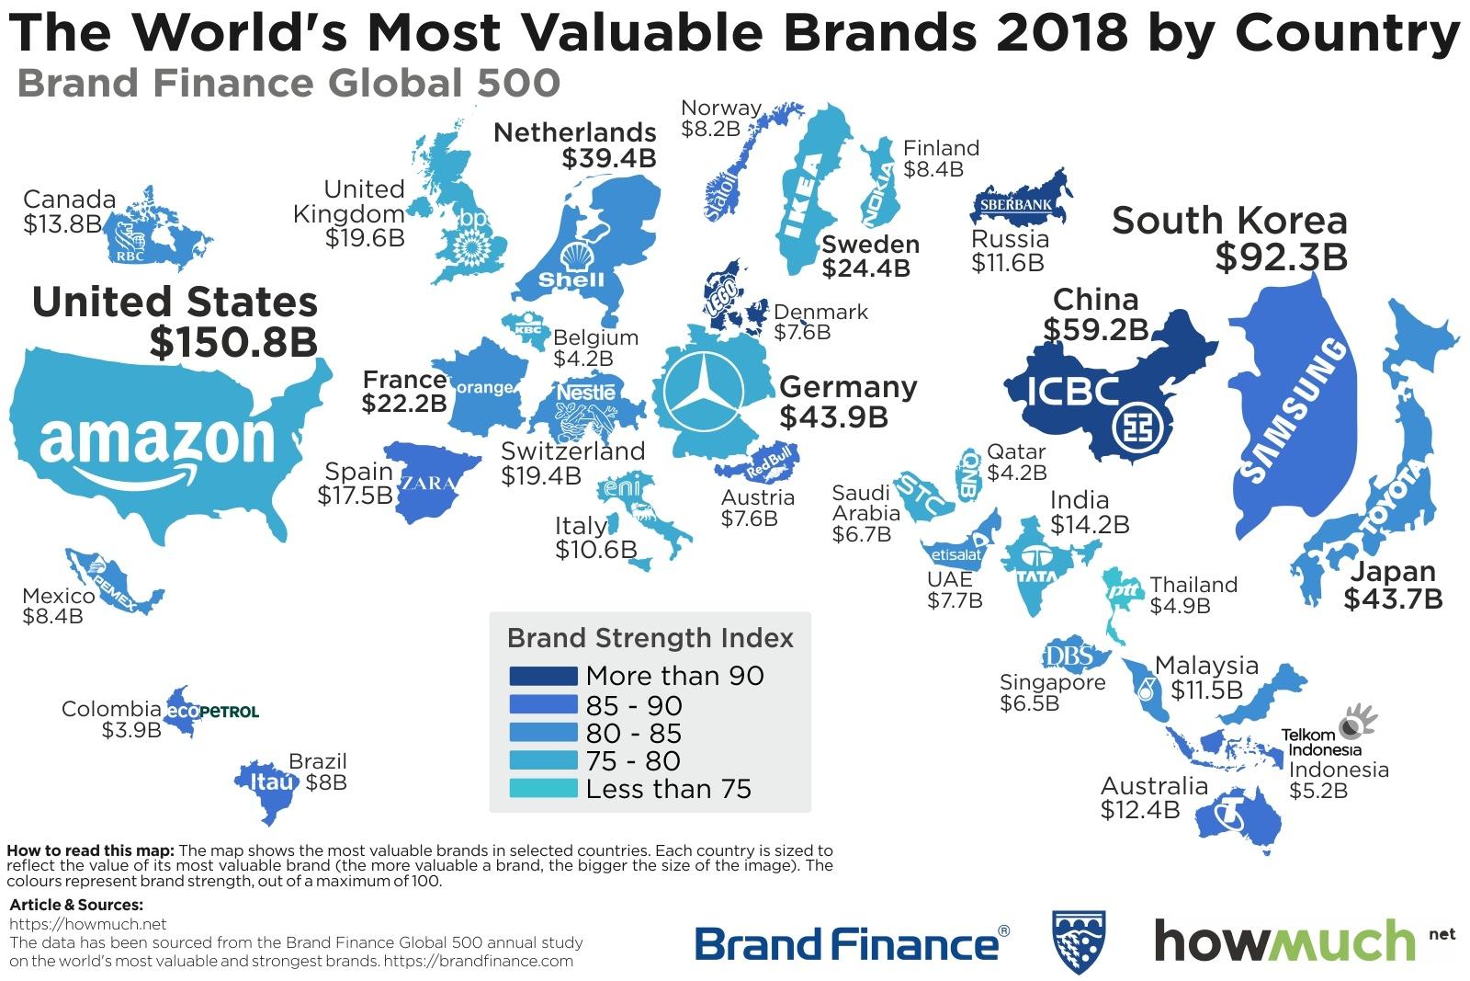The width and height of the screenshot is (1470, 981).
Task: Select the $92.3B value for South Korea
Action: tap(1281, 257)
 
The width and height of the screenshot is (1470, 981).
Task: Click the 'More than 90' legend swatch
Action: tap(543, 676)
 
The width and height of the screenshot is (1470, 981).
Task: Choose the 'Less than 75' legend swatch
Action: tap(543, 789)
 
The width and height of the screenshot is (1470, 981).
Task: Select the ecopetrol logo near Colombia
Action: tap(211, 712)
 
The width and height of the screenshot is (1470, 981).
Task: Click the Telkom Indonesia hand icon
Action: tap(1354, 722)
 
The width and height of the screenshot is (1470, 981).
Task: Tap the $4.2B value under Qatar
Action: tap(1016, 473)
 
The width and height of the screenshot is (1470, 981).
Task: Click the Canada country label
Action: tap(70, 200)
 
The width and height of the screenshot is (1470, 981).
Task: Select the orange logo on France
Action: tap(484, 388)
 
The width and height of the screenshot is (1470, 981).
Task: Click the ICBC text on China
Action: tap(1073, 391)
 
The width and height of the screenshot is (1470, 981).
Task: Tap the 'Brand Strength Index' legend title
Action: tap(650, 637)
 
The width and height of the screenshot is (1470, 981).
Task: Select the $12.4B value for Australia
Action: tap(1139, 810)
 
